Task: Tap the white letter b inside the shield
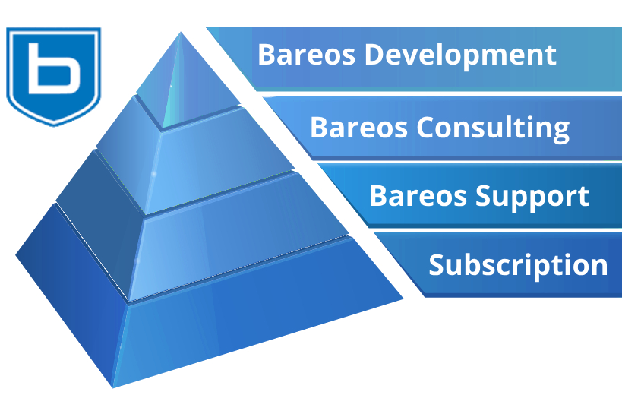[x=55, y=68]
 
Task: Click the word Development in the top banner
[x=460, y=55]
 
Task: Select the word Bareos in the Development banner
[x=306, y=55]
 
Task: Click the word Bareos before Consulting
[x=358, y=128]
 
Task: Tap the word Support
[x=532, y=197]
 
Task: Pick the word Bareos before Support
[x=418, y=196]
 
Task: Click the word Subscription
[x=518, y=265]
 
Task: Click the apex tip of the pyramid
[x=181, y=32]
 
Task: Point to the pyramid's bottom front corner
[x=113, y=387]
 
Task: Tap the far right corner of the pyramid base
[x=403, y=299]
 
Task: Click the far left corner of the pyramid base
[x=16, y=255]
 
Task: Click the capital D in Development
[x=375, y=55]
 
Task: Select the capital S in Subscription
[x=437, y=264]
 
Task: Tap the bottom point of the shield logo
[x=54, y=125]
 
